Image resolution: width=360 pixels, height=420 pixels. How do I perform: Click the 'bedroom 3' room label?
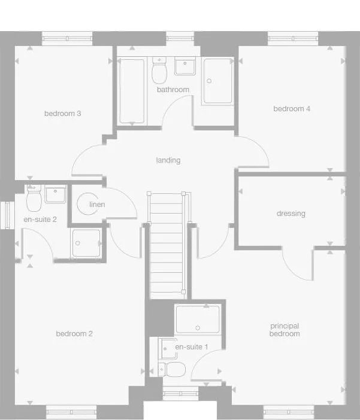click(62, 114)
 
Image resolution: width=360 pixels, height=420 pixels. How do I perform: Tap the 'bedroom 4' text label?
click(292, 109)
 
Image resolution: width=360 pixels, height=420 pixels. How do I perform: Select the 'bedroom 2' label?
click(74, 334)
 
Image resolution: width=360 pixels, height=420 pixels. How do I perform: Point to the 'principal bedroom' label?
click(285, 330)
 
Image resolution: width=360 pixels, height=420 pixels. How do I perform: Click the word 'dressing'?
click(291, 214)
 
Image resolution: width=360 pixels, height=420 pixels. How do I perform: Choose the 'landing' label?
click(168, 160)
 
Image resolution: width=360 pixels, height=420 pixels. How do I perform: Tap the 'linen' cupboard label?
click(97, 205)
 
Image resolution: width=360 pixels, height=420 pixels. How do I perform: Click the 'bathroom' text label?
click(173, 90)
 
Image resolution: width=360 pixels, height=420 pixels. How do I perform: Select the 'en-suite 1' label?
click(191, 347)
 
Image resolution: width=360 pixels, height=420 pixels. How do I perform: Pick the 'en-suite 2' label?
click(40, 220)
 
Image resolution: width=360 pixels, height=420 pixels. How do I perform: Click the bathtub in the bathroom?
click(132, 91)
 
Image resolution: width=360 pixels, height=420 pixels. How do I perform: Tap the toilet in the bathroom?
click(159, 71)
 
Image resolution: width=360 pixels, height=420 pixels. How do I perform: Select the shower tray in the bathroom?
click(217, 81)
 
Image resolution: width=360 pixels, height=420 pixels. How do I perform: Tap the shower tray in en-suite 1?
click(198, 319)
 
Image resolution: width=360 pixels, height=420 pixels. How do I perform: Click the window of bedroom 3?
click(66, 39)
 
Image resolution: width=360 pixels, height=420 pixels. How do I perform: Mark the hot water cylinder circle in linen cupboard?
click(88, 204)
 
